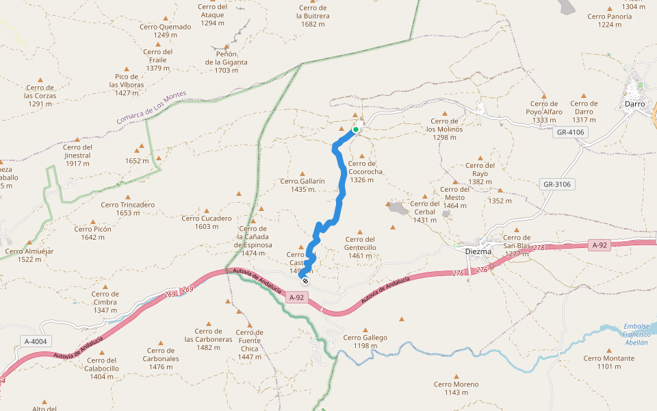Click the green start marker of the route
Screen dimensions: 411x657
tap(356, 129)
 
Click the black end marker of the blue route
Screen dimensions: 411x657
tap(305, 281)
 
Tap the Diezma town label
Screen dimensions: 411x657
tap(478, 251)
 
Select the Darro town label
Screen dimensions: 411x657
tap(636, 104)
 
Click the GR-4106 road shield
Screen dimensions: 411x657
tap(570, 132)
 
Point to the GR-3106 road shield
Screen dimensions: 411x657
tap(557, 184)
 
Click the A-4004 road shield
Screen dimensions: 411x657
tap(35, 341)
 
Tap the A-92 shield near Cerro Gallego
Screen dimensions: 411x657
tap(296, 297)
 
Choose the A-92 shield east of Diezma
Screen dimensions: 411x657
tap(600, 245)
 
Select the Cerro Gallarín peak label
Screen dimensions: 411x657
tap(302, 185)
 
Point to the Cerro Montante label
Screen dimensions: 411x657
tap(608, 362)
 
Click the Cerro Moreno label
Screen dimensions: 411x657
tap(456, 388)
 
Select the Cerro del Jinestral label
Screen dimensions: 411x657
tap(77, 151)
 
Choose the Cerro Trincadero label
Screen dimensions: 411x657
tap(127, 208)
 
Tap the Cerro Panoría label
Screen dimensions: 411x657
tap(609, 20)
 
